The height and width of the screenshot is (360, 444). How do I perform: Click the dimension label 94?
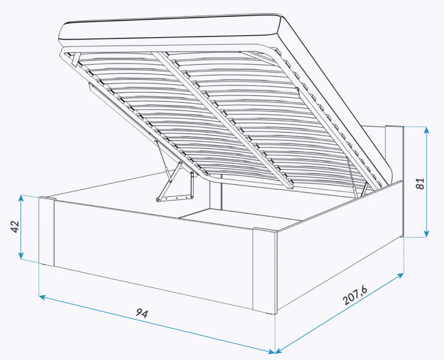tap(142, 313)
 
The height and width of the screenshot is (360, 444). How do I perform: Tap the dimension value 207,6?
tap(355, 295)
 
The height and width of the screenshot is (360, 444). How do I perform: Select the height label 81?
tap(421, 184)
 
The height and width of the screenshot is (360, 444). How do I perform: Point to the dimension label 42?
tap(15, 226)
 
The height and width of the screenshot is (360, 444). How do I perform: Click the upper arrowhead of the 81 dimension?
tap(427, 130)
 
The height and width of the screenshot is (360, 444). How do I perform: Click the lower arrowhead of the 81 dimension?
tap(427, 233)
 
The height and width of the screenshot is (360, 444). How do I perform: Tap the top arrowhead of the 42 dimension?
tap(20, 198)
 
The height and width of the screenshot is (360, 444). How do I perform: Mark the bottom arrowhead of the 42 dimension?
tap(20, 256)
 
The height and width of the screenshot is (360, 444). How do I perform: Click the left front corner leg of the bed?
tap(46, 231)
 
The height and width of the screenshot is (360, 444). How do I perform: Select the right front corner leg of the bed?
tap(265, 271)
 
